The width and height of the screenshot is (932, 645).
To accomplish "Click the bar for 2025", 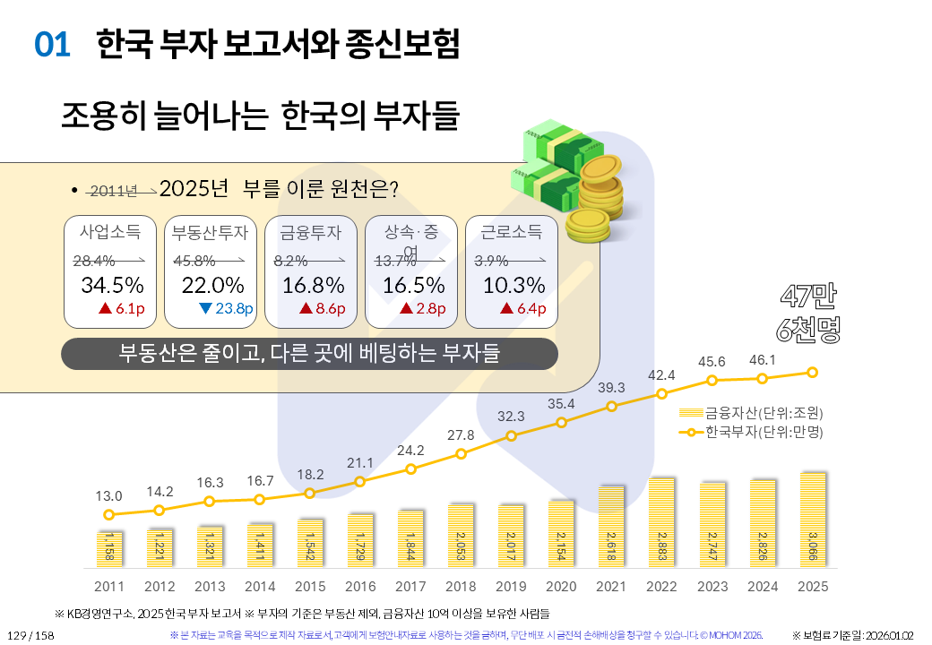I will (x=813, y=520).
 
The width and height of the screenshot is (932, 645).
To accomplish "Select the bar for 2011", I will (x=109, y=548).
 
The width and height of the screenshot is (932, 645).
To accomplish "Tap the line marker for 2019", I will (x=511, y=436).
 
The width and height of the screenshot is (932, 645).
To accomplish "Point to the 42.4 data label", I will (x=661, y=374).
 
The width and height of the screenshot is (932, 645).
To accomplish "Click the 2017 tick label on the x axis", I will (x=410, y=586).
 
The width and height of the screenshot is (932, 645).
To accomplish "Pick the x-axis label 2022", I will (x=661, y=586).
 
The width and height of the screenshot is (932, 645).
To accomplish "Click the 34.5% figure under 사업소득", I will (x=112, y=286).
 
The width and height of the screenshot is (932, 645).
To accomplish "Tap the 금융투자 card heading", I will (x=311, y=233).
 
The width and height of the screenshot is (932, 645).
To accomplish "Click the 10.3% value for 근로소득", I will (x=513, y=286).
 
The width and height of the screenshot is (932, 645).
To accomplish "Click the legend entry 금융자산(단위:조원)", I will (x=751, y=413).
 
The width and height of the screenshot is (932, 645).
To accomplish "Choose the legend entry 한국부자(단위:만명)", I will (x=751, y=432).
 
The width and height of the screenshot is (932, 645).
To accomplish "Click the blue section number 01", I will (x=52, y=46).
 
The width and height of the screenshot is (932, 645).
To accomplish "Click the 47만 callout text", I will (x=810, y=296).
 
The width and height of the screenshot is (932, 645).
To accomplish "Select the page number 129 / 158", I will (x=30, y=635).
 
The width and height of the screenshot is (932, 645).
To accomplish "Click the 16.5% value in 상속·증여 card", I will (x=413, y=286).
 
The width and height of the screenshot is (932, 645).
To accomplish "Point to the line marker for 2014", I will (x=260, y=499).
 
